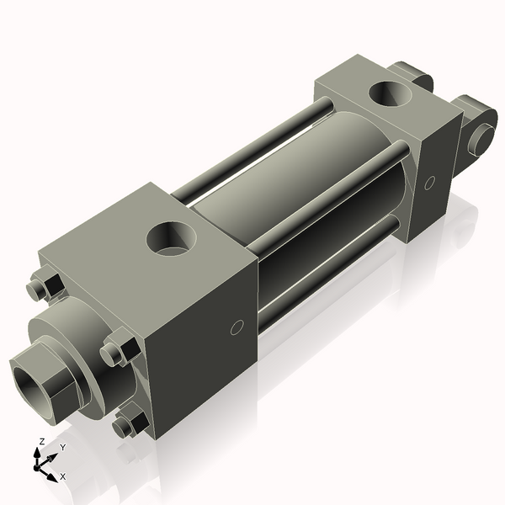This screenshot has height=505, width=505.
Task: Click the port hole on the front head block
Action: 173,237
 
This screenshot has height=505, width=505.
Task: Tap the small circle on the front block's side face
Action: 237,327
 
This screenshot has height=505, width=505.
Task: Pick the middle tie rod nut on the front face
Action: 117,349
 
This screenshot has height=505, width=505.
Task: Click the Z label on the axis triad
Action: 41,441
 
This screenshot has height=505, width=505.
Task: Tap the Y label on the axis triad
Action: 61,448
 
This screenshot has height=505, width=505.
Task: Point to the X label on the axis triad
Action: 62,476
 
